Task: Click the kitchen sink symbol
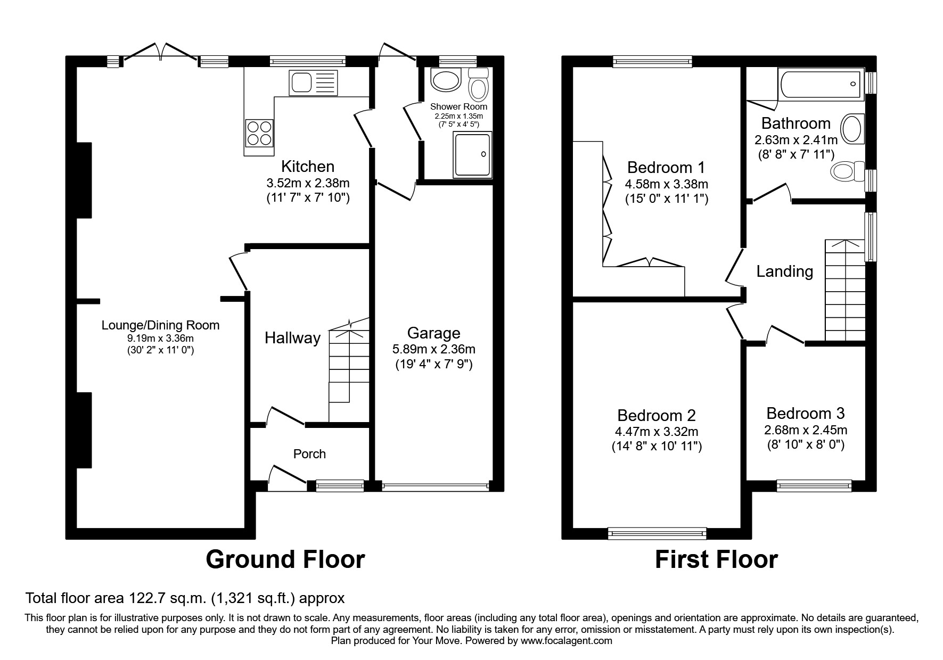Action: (x=313, y=82)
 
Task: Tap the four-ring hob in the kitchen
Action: (x=260, y=133)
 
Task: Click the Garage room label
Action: (x=433, y=333)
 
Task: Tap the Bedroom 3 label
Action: (x=805, y=413)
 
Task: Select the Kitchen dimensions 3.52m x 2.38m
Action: (x=308, y=183)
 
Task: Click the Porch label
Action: (x=309, y=454)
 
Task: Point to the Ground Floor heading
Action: (x=285, y=559)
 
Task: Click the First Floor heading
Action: (x=716, y=559)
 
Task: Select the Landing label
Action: (x=784, y=271)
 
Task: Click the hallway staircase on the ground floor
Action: (x=348, y=373)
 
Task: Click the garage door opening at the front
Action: (x=434, y=485)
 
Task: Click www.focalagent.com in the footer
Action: (x=566, y=641)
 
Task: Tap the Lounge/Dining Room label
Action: (x=160, y=325)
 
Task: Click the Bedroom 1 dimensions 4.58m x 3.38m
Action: (x=666, y=184)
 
